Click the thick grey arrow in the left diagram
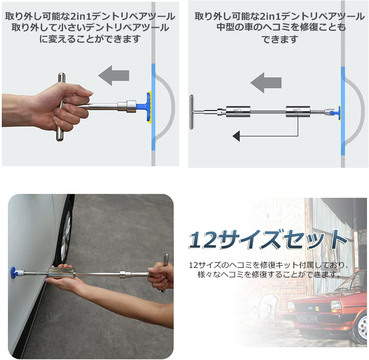pyautogui.click(x=113, y=75)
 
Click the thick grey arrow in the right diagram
pyautogui.click(x=266, y=82)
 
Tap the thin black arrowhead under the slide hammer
pyautogui.click(x=236, y=136)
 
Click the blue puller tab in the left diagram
pyautogui.click(x=144, y=106)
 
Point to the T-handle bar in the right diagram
pyautogui.click(x=191, y=112)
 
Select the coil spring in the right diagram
pyautogui.click(x=318, y=112)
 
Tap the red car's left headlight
pyautogui.click(x=336, y=305)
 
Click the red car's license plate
pyautogui.click(x=307, y=318)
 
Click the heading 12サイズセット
pyautogui.click(x=268, y=240)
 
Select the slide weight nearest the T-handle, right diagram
pyautogui.click(x=238, y=112)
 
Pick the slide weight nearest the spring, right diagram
pyautogui.click(x=298, y=111)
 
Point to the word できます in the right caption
pyautogui.click(x=280, y=39)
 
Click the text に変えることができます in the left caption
pyautogui.click(x=90, y=39)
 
